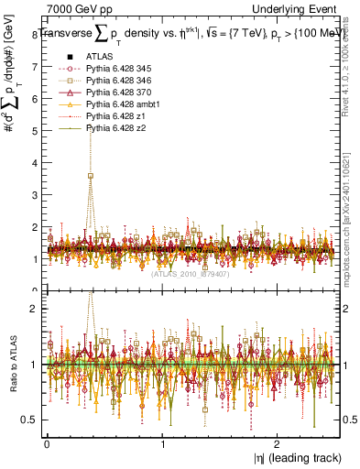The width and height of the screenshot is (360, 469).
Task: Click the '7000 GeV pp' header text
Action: [74, 8]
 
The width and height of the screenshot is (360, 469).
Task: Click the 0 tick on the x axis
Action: [47, 443]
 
